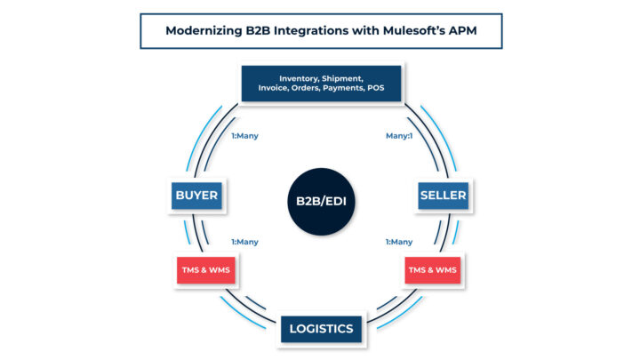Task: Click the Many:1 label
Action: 397,138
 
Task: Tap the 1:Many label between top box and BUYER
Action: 244,138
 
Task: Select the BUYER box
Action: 196,196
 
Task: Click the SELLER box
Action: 444,196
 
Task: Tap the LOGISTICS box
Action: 321,328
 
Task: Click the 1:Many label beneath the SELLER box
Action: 398,242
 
